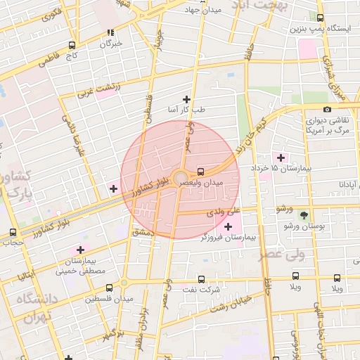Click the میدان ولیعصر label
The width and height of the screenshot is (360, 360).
(x=223, y=183)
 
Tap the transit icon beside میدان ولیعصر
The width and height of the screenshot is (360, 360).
(x=202, y=171)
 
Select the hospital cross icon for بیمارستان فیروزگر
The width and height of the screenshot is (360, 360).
(x=227, y=226)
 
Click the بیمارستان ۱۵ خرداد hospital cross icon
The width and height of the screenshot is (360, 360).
(x=281, y=157)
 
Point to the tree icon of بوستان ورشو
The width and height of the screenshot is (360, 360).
(x=304, y=214)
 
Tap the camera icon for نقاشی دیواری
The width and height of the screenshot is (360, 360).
(x=327, y=109)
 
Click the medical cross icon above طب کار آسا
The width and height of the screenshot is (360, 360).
(x=186, y=99)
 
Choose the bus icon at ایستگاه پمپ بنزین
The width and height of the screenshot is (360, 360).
(x=321, y=18)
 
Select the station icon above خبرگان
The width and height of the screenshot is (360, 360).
(x=110, y=32)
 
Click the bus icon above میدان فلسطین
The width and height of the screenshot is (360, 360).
(x=109, y=287)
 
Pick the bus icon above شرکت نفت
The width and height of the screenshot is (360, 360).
(x=202, y=278)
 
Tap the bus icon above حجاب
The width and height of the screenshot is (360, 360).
(x=13, y=233)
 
